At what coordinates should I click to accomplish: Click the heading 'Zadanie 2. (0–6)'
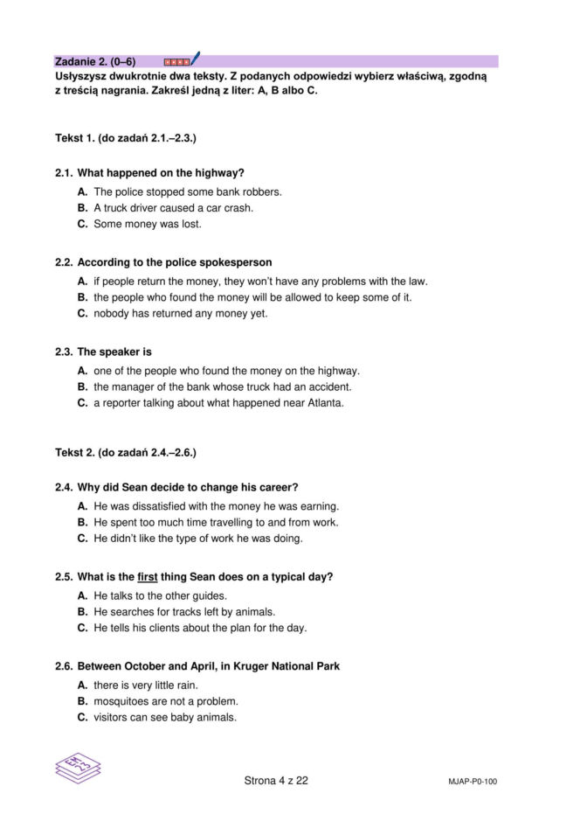94,62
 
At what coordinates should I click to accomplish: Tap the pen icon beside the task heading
195,59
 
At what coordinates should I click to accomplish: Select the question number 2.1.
64,173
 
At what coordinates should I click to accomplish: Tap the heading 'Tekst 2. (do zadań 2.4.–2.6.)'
125,453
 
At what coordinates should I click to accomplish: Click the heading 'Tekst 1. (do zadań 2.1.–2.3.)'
125,138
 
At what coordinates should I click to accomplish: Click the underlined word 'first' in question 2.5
147,577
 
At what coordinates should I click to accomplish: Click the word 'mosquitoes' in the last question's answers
121,701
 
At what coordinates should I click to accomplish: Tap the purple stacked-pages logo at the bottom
78,769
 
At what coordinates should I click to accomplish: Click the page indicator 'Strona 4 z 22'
276,781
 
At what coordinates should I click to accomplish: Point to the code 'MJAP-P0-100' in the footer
466,782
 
